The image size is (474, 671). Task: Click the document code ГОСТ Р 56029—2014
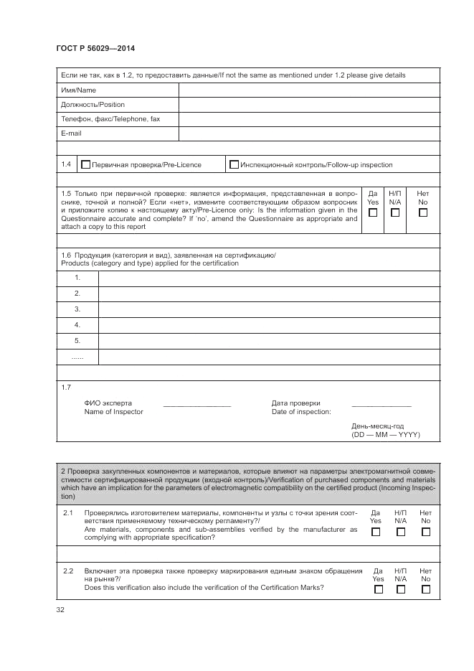click(95, 48)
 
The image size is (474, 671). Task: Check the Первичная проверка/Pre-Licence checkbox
click(86, 165)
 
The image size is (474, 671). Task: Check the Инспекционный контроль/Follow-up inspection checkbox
click(234, 165)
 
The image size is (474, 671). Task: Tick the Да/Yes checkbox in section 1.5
click(373, 213)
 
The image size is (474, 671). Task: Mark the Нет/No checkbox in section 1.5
click(423, 213)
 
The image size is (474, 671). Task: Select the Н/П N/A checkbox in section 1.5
click(395, 213)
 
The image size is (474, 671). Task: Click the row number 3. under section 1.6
click(77, 309)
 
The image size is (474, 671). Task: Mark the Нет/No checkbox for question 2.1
click(426, 532)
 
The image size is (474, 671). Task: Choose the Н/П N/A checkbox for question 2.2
click(401, 589)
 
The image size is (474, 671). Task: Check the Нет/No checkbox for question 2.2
click(426, 589)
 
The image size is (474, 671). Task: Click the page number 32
click(60, 610)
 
